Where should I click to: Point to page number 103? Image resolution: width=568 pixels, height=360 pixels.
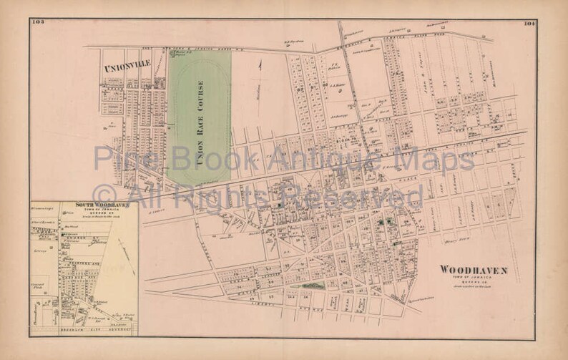38,23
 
